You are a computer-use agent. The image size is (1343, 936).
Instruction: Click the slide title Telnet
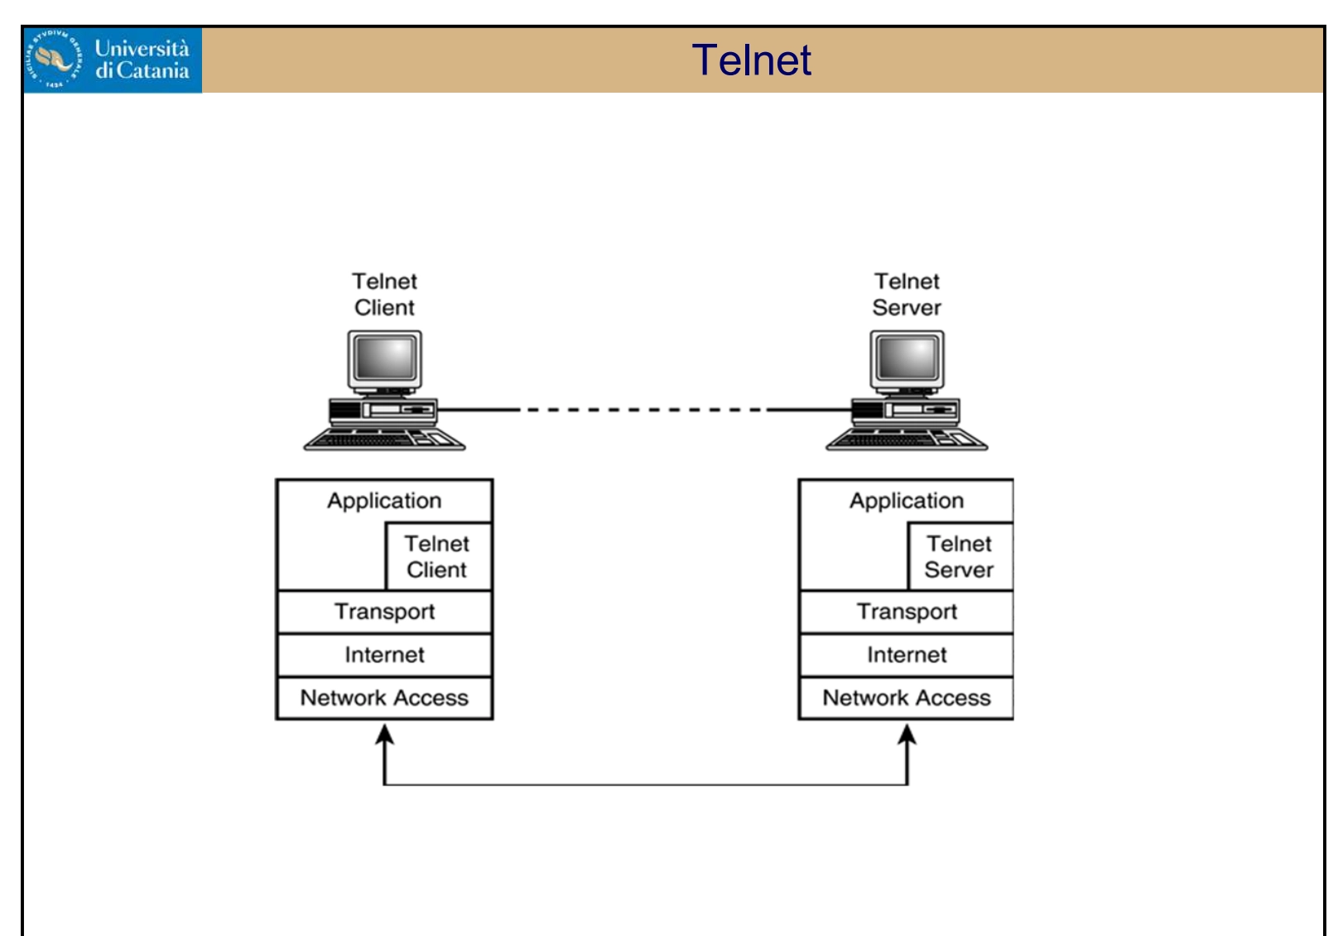tap(751, 60)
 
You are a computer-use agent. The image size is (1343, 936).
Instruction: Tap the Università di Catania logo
tap(112, 60)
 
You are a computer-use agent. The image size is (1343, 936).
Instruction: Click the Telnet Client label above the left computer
tap(384, 295)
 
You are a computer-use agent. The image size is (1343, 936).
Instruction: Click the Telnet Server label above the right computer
tap(907, 295)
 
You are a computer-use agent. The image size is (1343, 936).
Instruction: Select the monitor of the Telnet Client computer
tap(385, 360)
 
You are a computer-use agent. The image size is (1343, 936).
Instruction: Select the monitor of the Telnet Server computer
tap(907, 360)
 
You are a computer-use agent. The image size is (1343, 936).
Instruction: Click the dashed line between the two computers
tap(644, 410)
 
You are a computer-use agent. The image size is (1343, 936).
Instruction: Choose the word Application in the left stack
tap(384, 501)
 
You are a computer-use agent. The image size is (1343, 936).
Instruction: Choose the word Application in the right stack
tap(907, 501)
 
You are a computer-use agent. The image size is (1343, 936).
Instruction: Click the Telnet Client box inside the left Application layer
tap(438, 556)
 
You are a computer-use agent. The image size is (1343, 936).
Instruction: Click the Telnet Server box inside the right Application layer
tap(960, 556)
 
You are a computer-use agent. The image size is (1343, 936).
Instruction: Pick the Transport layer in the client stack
tap(384, 612)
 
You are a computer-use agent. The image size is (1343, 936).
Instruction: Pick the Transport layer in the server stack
tap(907, 612)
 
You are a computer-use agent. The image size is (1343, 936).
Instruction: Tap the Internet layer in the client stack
tap(384, 655)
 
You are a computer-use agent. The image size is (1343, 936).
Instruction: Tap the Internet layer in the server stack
tap(907, 655)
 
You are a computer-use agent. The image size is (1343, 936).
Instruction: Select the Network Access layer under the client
tap(384, 698)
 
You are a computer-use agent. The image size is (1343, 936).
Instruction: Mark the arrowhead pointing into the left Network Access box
tap(384, 734)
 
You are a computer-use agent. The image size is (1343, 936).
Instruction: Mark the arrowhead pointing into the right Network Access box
tap(907, 734)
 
